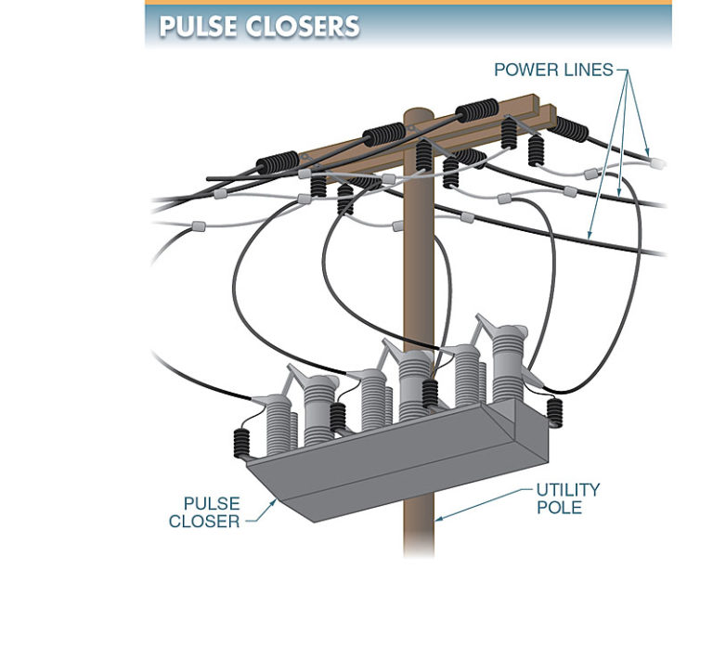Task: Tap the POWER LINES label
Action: [x=553, y=70]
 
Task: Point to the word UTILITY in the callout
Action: [x=567, y=489]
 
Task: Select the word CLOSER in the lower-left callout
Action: [x=203, y=522]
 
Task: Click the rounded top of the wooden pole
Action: [x=419, y=114]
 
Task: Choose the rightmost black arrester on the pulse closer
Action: [x=556, y=411]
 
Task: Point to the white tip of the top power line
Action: [x=659, y=163]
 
